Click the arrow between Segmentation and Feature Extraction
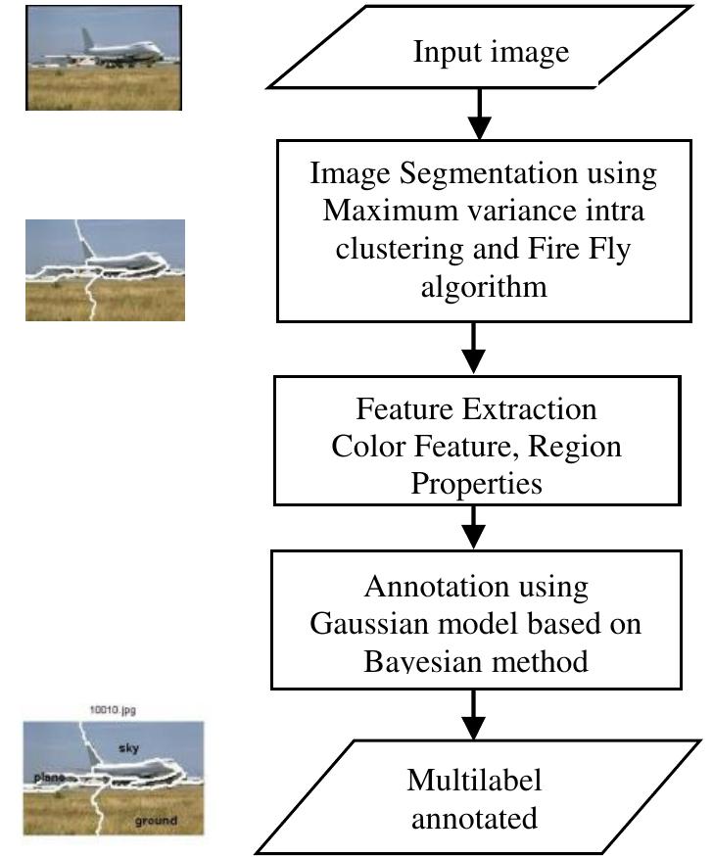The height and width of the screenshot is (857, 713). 474,346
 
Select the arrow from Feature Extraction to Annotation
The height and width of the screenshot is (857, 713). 474,528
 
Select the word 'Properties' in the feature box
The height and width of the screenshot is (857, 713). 475,483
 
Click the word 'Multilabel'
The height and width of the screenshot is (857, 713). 474,782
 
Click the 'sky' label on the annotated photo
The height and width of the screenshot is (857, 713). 131,747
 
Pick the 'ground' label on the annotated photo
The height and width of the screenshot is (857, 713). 156,820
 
